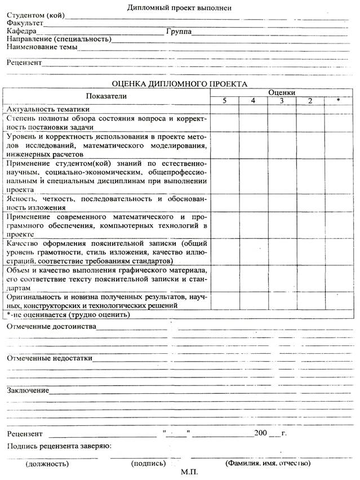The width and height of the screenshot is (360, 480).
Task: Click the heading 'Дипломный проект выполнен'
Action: tap(180, 7)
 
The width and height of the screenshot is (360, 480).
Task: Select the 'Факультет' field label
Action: tap(25, 23)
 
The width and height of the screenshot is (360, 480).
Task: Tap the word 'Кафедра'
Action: tap(21, 32)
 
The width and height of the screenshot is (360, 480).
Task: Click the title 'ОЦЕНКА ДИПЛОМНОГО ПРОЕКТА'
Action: tap(179, 83)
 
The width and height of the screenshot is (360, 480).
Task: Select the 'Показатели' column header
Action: tap(107, 96)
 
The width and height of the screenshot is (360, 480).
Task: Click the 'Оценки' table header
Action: tap(282, 92)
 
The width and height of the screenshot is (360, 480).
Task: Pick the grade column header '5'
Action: tap(224, 100)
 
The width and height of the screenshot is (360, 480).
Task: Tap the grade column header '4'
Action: tap(253, 100)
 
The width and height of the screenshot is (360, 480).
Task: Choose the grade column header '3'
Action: tap(282, 100)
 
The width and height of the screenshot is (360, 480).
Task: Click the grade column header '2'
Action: tap(310, 100)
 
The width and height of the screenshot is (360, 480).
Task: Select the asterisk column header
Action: tap(338, 100)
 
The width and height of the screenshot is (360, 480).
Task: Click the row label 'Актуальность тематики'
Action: tap(48, 109)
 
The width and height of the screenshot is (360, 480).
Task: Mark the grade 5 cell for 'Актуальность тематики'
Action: tap(224, 109)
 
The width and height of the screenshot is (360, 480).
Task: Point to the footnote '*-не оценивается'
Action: tap(68, 314)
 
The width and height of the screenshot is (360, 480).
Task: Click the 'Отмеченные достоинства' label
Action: tap(51, 327)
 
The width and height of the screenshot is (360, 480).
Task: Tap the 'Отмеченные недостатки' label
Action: tap(50, 358)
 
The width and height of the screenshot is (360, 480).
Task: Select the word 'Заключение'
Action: tap(28, 390)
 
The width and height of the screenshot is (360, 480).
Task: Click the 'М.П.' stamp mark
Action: tap(189, 472)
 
